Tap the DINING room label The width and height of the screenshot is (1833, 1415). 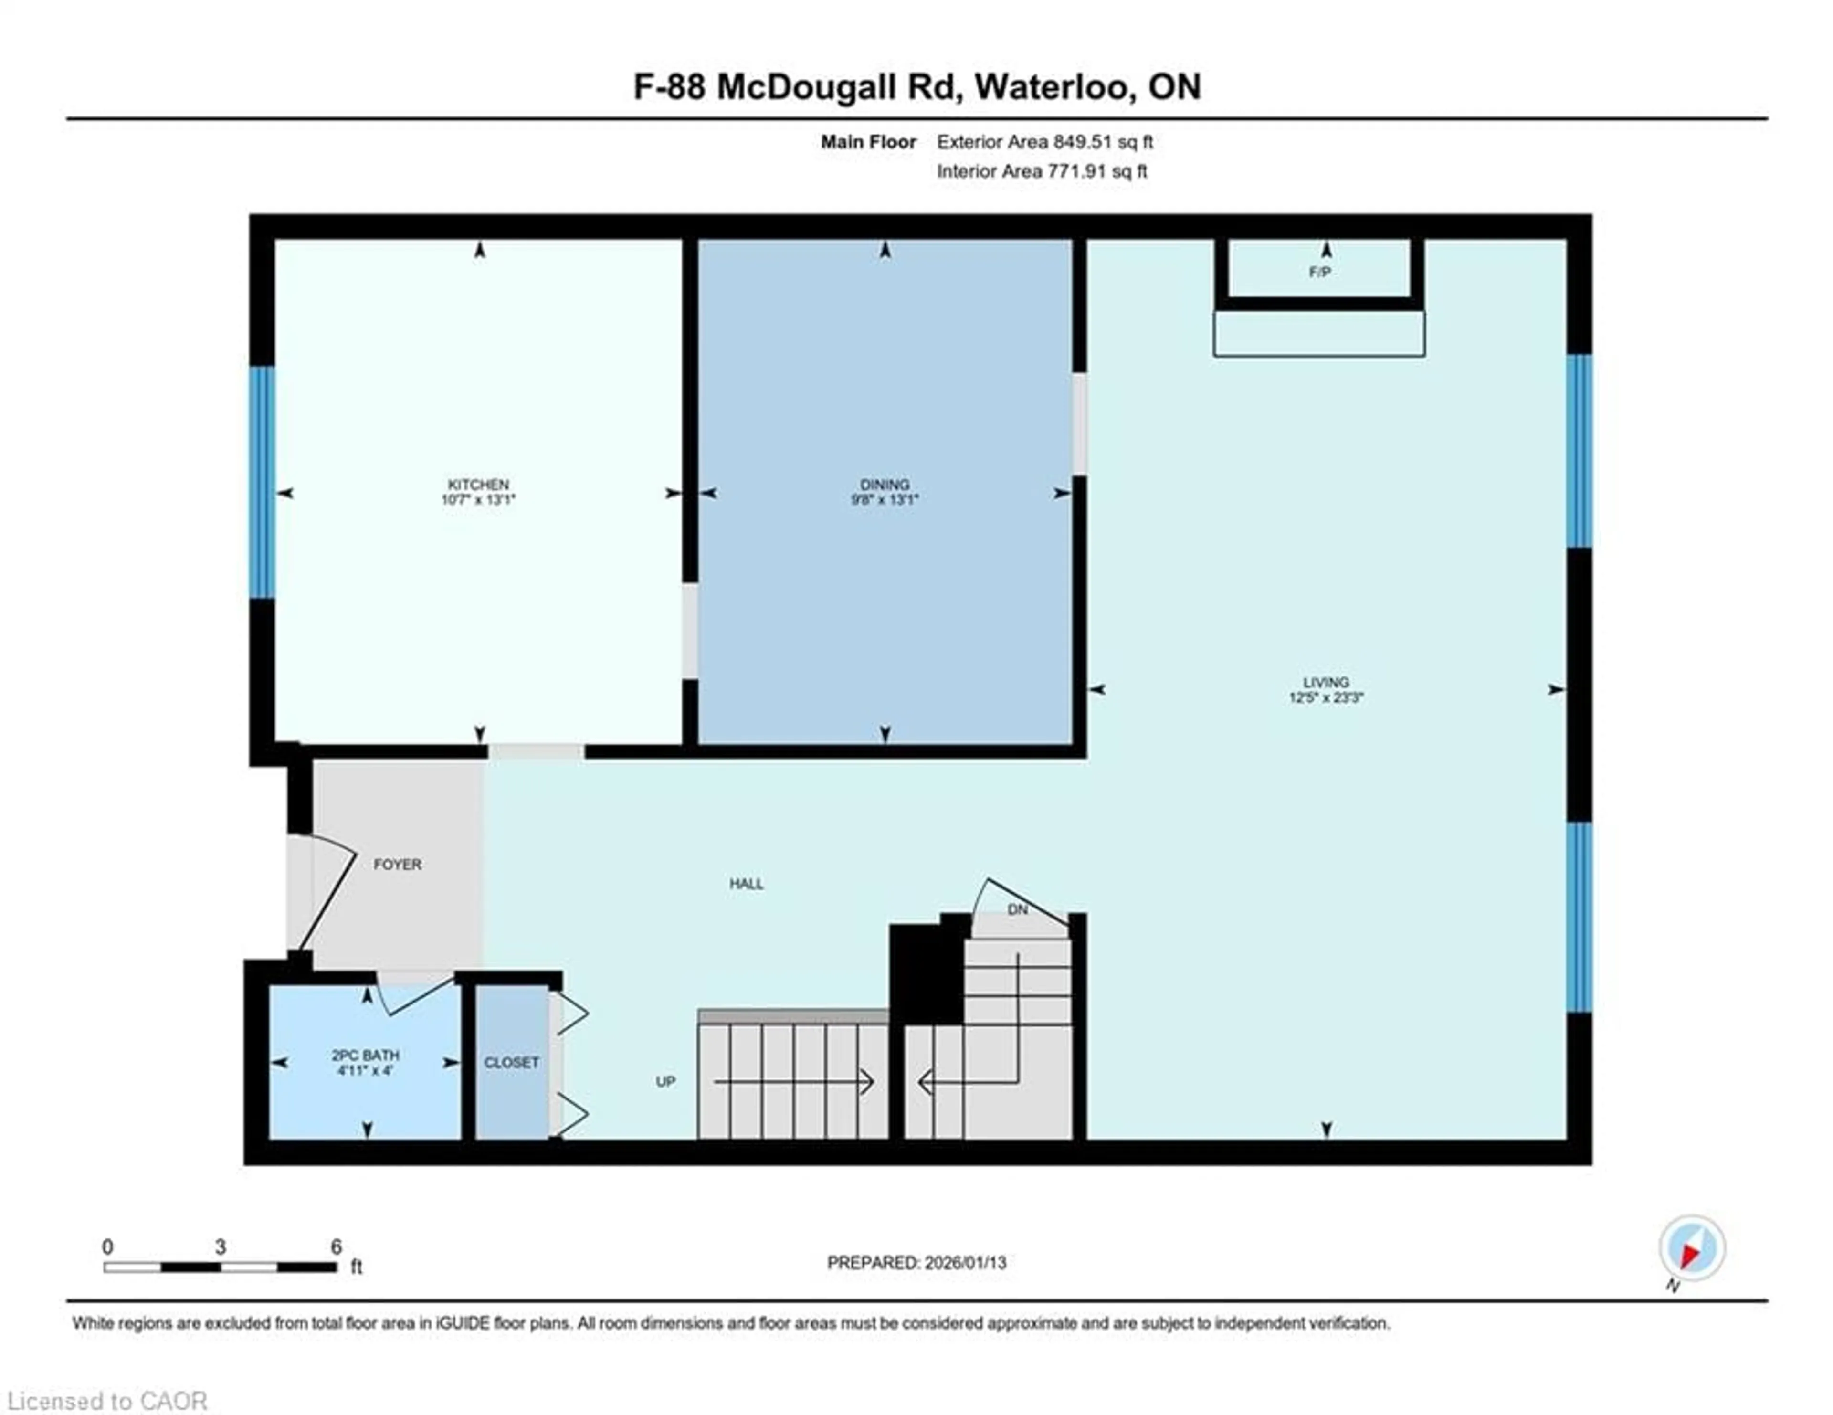[x=885, y=484]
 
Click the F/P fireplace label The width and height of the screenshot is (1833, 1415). [x=1319, y=272]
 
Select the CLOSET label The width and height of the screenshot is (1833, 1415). [x=511, y=1063]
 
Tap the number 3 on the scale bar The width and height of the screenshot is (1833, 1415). [x=220, y=1246]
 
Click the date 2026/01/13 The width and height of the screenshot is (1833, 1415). [x=964, y=1262]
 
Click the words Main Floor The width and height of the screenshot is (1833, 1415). [x=868, y=142]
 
